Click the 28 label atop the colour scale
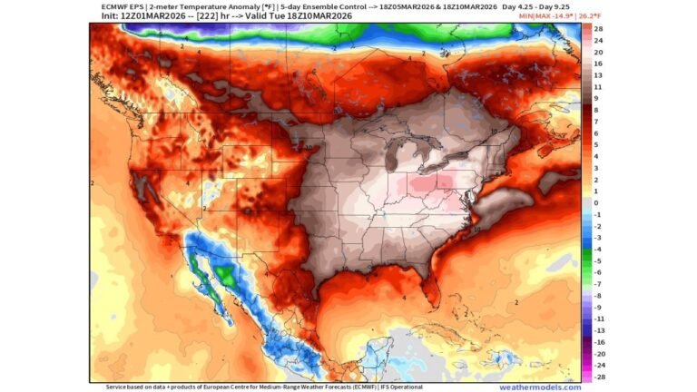(598, 29)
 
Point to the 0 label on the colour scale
(596, 203)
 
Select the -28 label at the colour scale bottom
(599, 376)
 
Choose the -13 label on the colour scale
(599, 329)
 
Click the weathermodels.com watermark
(539, 387)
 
